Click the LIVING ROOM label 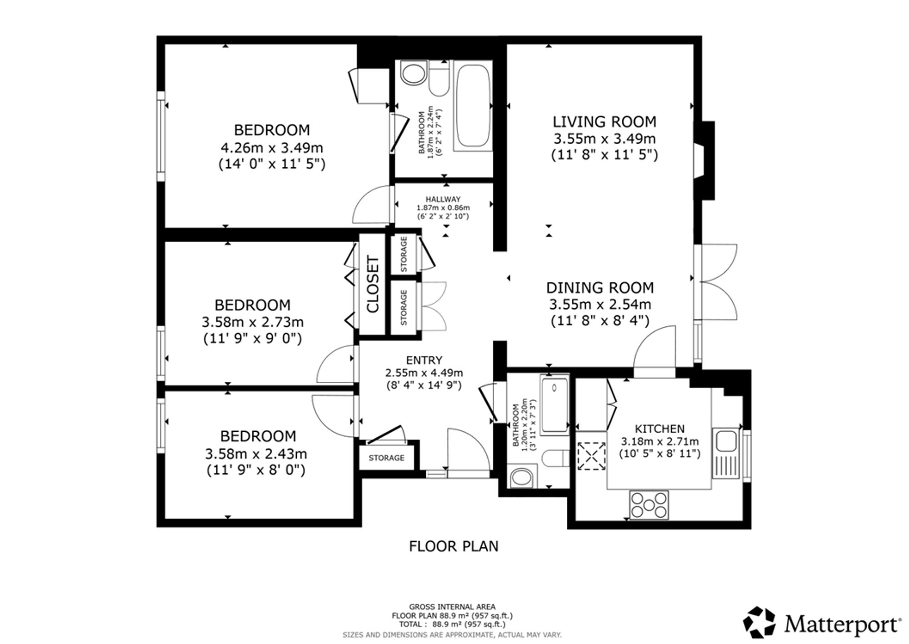point(604,122)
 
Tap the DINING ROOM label point(600,288)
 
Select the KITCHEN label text point(659,429)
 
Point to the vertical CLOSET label point(373,285)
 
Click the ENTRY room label point(424,360)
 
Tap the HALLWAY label point(443,199)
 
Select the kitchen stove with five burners point(649,505)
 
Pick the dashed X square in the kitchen point(592,456)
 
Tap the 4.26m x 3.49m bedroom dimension point(272,148)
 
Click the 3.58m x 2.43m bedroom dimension point(256,454)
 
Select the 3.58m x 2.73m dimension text point(253,322)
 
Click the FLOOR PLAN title point(454,546)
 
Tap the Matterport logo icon point(759,622)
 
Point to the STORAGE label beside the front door point(386,458)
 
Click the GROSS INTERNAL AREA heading point(452,607)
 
